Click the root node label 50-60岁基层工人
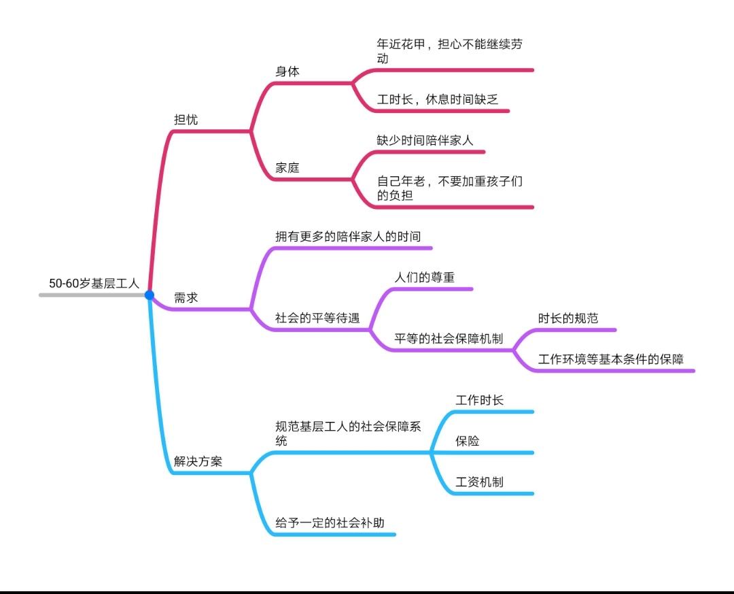pyautogui.click(x=94, y=284)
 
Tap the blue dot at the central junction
pyautogui.click(x=150, y=295)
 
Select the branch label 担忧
pyautogui.click(x=186, y=120)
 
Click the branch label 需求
pyautogui.click(x=186, y=298)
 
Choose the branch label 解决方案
pyautogui.click(x=198, y=461)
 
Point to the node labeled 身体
pyautogui.click(x=287, y=71)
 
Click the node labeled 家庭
pyautogui.click(x=287, y=167)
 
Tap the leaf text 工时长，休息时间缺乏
pyautogui.click(x=438, y=99)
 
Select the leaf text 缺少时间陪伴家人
pyautogui.click(x=425, y=141)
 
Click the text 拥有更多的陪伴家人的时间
pyautogui.click(x=348, y=237)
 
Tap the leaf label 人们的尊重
pyautogui.click(x=425, y=278)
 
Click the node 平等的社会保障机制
pyautogui.click(x=449, y=339)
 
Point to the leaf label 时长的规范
pyautogui.click(x=568, y=318)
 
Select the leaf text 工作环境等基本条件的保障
pyautogui.click(x=610, y=359)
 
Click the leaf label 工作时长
pyautogui.click(x=479, y=400)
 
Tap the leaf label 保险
pyautogui.click(x=468, y=441)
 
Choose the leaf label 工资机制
pyautogui.click(x=479, y=482)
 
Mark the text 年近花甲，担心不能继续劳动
pyautogui.click(x=450, y=51)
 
